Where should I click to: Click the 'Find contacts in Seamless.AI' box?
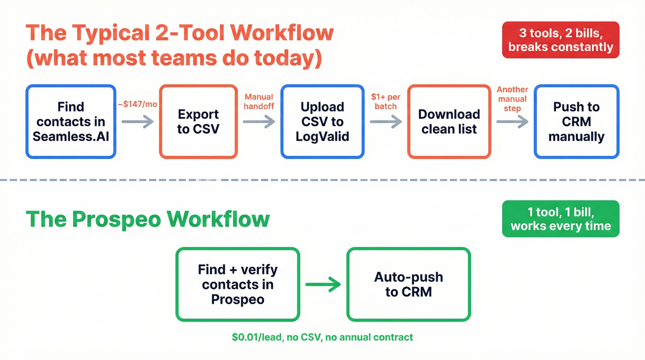(71, 122)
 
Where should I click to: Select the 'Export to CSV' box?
(199, 122)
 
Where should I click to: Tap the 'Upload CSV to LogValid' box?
(322, 122)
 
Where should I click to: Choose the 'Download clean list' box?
(449, 122)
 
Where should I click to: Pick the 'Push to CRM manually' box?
(576, 122)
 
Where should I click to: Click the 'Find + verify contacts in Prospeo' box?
(238, 284)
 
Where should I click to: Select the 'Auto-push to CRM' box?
(409, 284)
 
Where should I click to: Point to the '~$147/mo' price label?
(137, 104)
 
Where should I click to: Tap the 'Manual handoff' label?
(259, 101)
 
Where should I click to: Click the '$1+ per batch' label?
(386, 101)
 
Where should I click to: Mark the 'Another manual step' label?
(512, 99)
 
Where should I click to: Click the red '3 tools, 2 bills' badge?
(561, 40)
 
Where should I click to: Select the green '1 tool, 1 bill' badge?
(561, 218)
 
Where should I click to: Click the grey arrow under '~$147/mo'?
(137, 122)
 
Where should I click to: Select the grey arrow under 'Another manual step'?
(512, 122)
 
